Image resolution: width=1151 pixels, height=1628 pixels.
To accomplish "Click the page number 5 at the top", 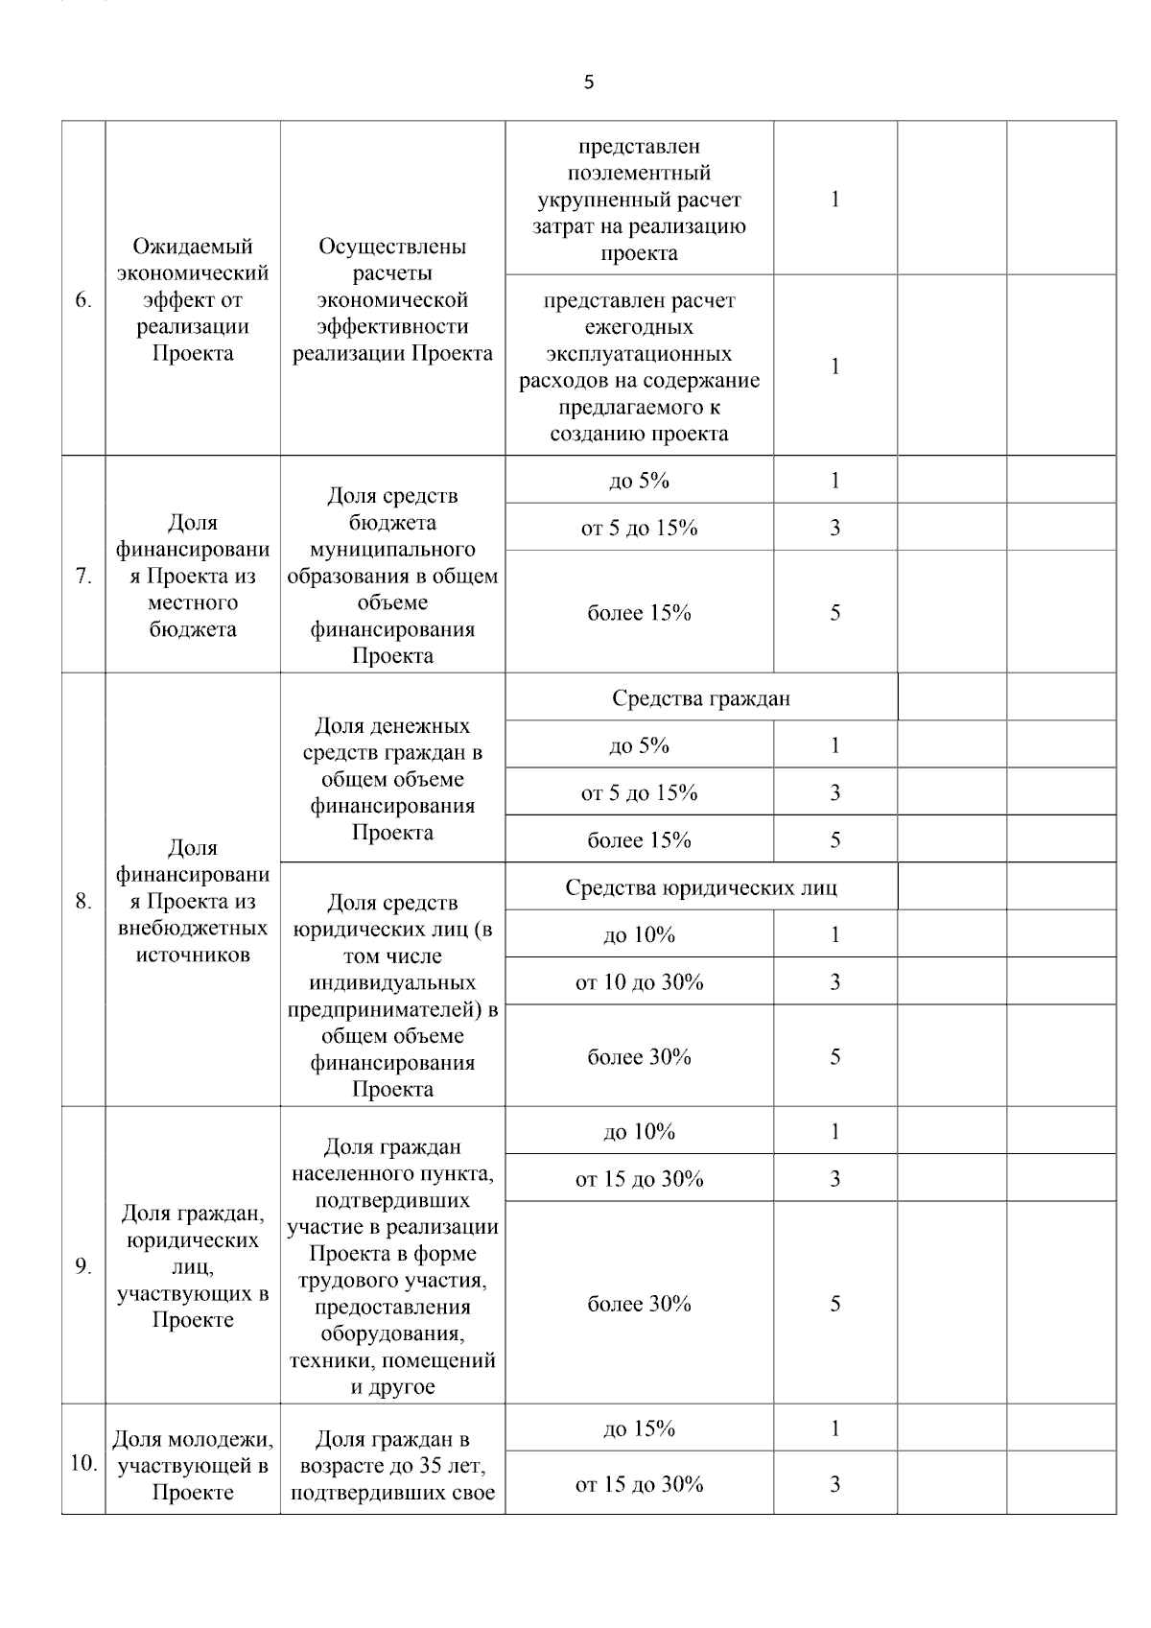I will point(588,83).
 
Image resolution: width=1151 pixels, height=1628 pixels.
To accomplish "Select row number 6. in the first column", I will point(83,300).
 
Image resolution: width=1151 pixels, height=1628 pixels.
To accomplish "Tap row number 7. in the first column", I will point(83,577).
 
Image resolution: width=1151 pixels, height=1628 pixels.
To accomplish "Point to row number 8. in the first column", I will point(83,902).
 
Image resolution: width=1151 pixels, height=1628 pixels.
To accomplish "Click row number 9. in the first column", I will point(83,1267).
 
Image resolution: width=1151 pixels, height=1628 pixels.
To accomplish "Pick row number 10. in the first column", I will point(83,1464).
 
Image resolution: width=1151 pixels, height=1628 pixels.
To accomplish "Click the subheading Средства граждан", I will point(701,698).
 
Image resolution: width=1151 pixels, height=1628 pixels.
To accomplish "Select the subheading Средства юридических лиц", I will point(701,887).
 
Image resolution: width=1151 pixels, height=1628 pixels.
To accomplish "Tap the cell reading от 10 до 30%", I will point(639,982).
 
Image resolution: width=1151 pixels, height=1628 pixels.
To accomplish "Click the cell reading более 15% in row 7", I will point(639,613).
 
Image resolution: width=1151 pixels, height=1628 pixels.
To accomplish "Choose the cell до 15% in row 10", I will point(639,1429).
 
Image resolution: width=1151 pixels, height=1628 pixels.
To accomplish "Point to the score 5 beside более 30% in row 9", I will point(834,1304).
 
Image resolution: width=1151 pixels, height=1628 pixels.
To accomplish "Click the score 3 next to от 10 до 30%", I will point(834,982).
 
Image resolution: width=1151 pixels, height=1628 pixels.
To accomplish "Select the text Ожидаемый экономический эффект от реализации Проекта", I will point(193,300).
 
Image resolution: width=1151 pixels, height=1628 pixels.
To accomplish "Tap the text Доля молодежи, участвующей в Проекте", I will point(193,1466).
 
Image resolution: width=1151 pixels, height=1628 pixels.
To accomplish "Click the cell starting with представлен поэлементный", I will point(639,201).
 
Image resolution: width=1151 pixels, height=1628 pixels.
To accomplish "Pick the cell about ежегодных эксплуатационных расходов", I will point(639,367).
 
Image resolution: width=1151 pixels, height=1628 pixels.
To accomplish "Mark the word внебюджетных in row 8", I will point(193,929).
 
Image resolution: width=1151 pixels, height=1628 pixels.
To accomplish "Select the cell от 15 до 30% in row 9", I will point(639,1179).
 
